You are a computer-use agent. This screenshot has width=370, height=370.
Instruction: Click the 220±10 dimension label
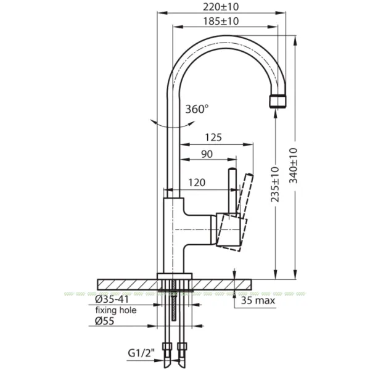pos(221,7)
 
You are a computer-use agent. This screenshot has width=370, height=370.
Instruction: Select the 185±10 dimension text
pos(221,21)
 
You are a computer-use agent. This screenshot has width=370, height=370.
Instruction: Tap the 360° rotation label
pos(197,109)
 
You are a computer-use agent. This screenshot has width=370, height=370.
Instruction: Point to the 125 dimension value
pos(213,138)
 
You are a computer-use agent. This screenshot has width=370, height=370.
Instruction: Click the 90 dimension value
pos(207,154)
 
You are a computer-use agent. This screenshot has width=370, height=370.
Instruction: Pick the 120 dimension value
pos(197,183)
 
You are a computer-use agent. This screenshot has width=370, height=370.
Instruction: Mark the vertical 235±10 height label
pos(274,184)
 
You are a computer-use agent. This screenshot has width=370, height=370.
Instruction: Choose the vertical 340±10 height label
pos(294,165)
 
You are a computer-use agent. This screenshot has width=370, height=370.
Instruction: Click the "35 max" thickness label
pos(258,301)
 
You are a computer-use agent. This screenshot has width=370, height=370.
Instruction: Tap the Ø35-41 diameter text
pos(112,299)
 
